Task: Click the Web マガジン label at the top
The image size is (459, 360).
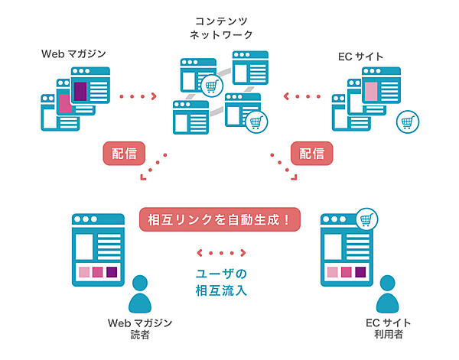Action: (74, 54)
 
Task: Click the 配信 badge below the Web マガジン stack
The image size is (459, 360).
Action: (123, 153)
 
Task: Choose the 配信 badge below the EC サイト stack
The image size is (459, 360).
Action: (311, 153)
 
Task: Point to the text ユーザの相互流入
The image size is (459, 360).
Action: (221, 281)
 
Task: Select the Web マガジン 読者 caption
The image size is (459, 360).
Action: (139, 328)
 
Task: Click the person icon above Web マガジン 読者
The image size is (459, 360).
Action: (140, 294)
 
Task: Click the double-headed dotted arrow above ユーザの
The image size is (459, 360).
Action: (221, 252)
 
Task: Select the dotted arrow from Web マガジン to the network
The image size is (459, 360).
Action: (139, 97)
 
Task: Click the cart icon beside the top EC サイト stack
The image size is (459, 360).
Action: (407, 122)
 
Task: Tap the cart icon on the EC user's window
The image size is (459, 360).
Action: (371, 221)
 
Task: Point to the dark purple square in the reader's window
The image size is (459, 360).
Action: (112, 272)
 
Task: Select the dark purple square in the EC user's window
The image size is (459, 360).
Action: (363, 272)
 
